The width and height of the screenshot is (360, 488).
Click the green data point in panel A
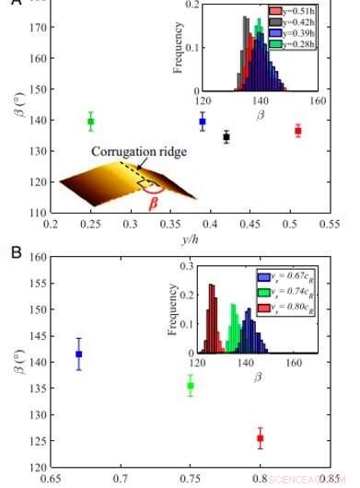(x=91, y=122)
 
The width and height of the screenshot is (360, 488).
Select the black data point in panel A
(x=226, y=137)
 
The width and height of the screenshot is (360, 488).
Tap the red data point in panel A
(x=297, y=131)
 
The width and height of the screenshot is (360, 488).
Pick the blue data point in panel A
(x=203, y=122)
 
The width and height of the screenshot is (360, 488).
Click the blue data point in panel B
(x=79, y=354)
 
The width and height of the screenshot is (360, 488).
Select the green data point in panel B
(x=191, y=386)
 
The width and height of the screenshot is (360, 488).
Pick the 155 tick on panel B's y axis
(x=39, y=283)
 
